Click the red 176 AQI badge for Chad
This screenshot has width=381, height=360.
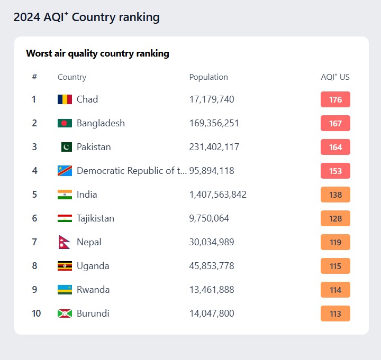[x=335, y=99]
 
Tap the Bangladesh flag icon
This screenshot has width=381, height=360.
[x=65, y=123]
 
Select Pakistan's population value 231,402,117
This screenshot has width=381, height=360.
[x=214, y=147]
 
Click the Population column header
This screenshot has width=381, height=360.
[x=208, y=77]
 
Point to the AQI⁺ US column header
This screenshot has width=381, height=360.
[x=335, y=77]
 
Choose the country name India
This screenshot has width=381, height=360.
[x=87, y=195]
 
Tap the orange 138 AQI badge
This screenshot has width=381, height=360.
[x=335, y=195]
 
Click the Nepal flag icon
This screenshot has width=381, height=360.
[x=65, y=242]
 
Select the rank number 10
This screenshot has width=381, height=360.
[x=36, y=313]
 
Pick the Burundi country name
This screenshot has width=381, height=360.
[x=93, y=313]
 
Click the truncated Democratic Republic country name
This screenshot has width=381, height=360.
[x=132, y=171]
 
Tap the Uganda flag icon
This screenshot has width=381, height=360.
[x=65, y=266]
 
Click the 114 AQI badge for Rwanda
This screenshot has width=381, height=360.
[x=335, y=290]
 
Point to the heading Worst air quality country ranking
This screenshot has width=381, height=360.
[x=97, y=53]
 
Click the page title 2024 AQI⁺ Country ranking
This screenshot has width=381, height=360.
[x=86, y=17]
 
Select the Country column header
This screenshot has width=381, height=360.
[x=72, y=77]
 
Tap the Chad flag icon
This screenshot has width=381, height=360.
[x=65, y=99]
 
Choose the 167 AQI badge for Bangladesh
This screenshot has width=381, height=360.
[x=335, y=123]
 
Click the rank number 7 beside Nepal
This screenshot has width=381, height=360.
[x=34, y=242]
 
